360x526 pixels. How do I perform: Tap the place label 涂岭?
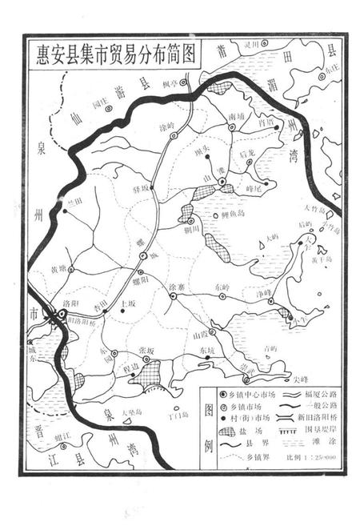166,126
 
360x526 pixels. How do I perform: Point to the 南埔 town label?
236,117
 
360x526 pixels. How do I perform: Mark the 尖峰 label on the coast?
300,380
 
